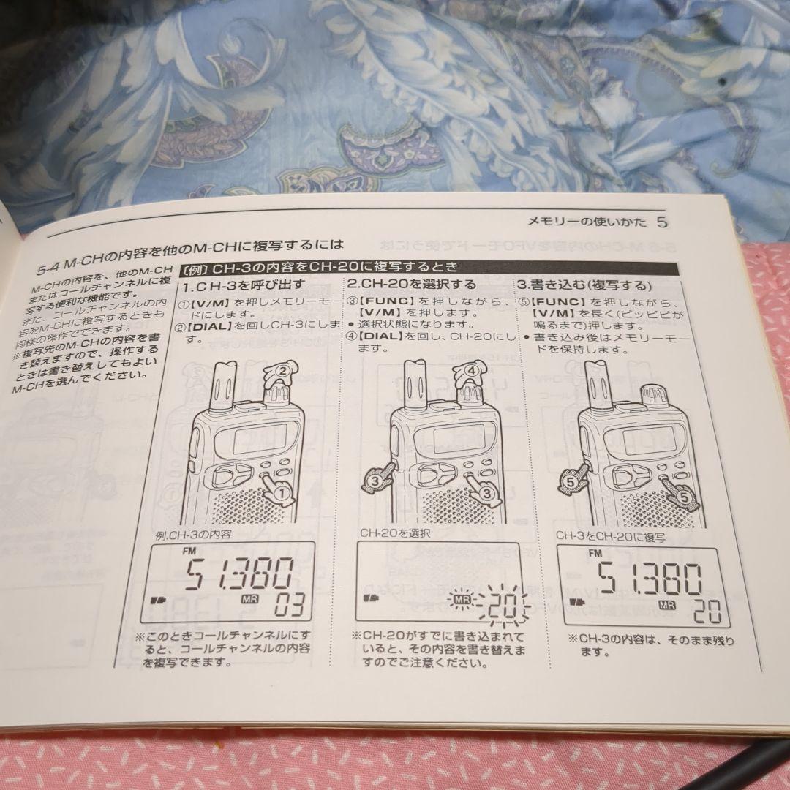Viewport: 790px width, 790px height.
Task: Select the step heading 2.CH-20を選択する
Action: [411, 284]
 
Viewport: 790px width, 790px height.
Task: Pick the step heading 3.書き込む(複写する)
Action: [585, 284]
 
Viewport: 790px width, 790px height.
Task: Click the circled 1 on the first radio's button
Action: [279, 494]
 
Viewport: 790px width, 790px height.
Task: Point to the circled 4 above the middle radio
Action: [472, 370]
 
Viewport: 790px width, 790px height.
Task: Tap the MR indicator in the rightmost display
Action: [666, 605]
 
